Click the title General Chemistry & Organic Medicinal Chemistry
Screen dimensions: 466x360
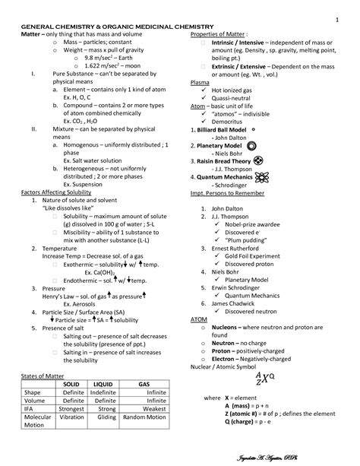tap(117, 27)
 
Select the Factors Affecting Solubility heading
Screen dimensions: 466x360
tap(57, 194)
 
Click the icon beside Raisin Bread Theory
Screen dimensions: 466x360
tap(258, 161)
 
